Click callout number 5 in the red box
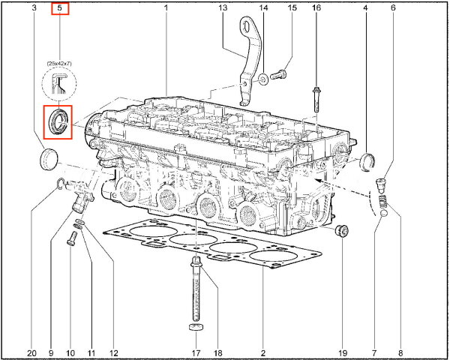coord(60,7)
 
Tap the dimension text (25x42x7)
coord(59,64)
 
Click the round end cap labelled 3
coord(49,159)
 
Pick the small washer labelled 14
coord(263,79)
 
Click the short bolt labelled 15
coord(278,75)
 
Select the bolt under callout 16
coord(316,100)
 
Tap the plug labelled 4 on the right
coord(367,163)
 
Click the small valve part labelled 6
coord(380,186)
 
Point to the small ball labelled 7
coord(383,214)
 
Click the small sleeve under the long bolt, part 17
coord(196,327)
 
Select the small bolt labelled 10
coord(72,238)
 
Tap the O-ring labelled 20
coord(61,184)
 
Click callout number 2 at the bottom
coord(263,352)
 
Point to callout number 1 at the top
coord(166,7)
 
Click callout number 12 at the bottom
coord(114,352)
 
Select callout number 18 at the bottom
coord(218,352)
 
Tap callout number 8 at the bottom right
coord(400,352)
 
